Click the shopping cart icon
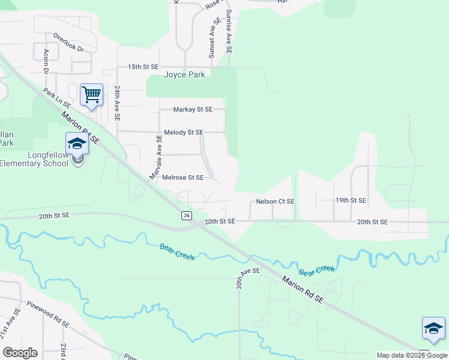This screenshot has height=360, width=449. (x=91, y=95)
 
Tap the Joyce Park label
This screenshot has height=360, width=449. (x=184, y=75)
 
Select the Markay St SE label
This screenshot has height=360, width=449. (x=193, y=110)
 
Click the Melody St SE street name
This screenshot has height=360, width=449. (x=184, y=132)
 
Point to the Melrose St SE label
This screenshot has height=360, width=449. (x=183, y=178)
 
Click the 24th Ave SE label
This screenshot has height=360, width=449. (x=118, y=101)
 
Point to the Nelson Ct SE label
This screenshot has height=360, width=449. (x=275, y=202)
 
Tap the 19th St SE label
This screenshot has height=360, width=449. (x=351, y=200)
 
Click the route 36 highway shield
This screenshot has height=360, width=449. (x=187, y=215)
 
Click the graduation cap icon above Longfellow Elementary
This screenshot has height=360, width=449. (x=77, y=143)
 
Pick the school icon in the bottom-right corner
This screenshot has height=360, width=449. (x=433, y=328)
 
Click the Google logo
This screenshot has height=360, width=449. (x=20, y=353)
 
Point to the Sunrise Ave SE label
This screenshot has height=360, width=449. (x=229, y=33)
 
